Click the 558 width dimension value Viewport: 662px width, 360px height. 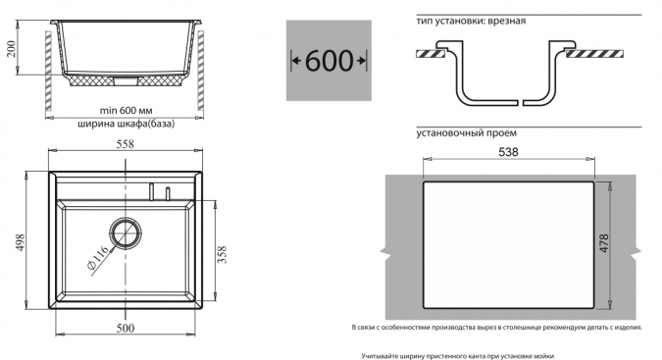pyautogui.click(x=125, y=144)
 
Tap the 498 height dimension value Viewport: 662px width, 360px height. pyautogui.click(x=20, y=242)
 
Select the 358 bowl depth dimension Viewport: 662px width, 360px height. pyautogui.click(x=222, y=254)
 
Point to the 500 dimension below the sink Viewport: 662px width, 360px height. pyautogui.click(x=125, y=328)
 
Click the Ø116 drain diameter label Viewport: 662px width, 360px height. pyautogui.click(x=97, y=257)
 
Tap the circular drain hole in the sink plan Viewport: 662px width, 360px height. pyautogui.click(x=125, y=233)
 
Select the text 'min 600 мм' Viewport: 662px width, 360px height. pyautogui.click(x=126, y=111)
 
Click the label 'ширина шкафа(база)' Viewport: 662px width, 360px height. pyautogui.click(x=126, y=124)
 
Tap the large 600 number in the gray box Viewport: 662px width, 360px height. pyautogui.click(x=329, y=61)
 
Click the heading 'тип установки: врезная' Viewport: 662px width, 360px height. pyautogui.click(x=471, y=22)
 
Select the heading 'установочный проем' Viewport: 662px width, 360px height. pyautogui.click(x=466, y=133)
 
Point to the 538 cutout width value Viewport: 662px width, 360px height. pyautogui.click(x=508, y=152)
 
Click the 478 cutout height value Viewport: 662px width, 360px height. pyautogui.click(x=604, y=243)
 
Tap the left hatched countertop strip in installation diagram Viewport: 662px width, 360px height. pyautogui.click(x=432, y=54)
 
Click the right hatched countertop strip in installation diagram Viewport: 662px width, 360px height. pyautogui.click(x=594, y=54)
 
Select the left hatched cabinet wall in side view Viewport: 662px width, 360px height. pyautogui.click(x=48, y=71)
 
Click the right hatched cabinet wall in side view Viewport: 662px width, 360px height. pyautogui.click(x=200, y=71)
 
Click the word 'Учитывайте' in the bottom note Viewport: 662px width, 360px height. pyautogui.click(x=377, y=356)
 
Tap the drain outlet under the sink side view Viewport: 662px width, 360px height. pyautogui.click(x=126, y=80)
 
